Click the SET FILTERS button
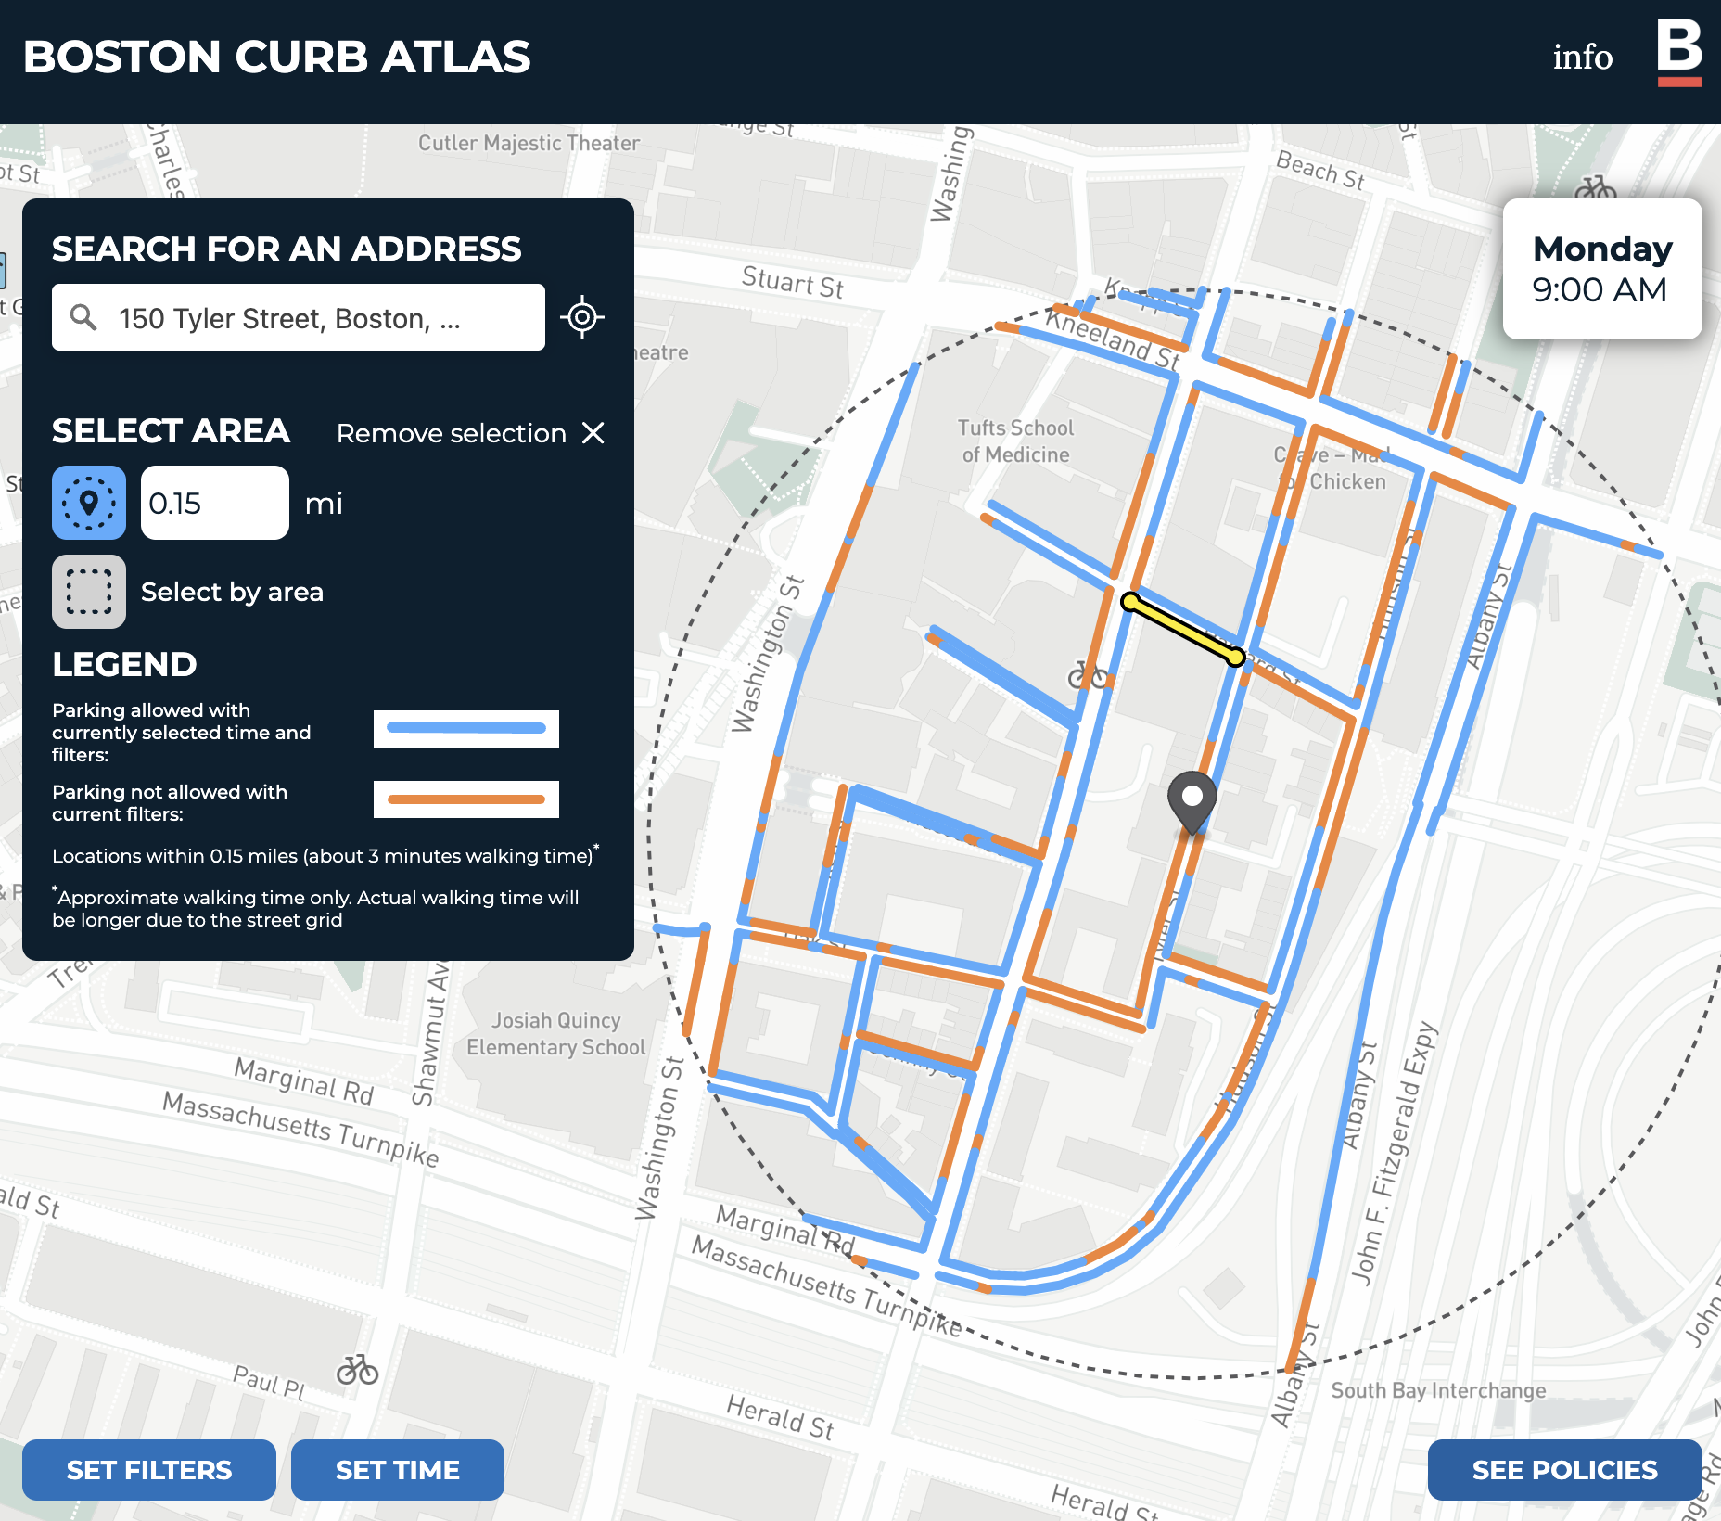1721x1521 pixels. tap(149, 1470)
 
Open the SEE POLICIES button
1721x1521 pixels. tap(1564, 1470)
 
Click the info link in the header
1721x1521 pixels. tap(1582, 57)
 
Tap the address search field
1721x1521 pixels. tap(299, 318)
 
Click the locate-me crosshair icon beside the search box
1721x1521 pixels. tap(582, 317)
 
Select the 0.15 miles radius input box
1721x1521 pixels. tap(214, 503)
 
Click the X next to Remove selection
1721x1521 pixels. tap(593, 433)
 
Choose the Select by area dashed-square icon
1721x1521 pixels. tap(89, 592)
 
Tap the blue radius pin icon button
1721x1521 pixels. tap(89, 503)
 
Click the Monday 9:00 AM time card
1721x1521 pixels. tap(1601, 269)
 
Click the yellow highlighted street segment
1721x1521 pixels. tap(1182, 630)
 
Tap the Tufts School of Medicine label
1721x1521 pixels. tap(1015, 441)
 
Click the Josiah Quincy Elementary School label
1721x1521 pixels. tap(555, 1034)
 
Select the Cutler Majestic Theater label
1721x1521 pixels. tap(529, 143)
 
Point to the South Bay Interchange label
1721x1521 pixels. tap(1438, 1390)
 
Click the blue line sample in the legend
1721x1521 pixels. tap(465, 728)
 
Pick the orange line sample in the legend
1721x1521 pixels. tap(465, 799)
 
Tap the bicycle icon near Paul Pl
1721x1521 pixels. tap(357, 1370)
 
